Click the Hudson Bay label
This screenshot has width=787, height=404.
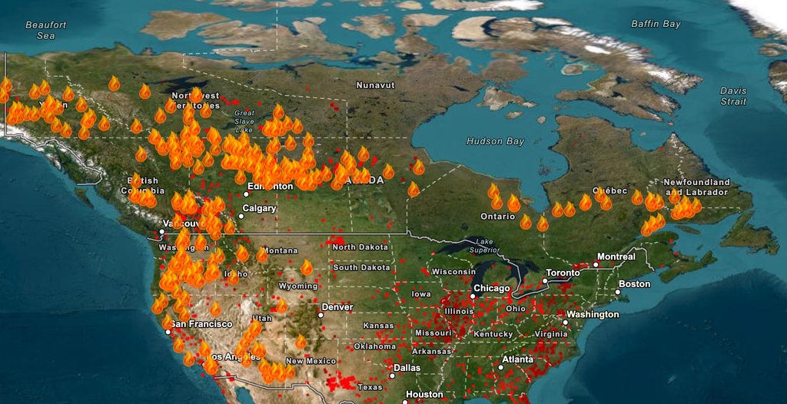(x=496, y=141)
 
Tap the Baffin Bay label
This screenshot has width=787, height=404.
(x=656, y=24)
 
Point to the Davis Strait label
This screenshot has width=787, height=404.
(x=732, y=96)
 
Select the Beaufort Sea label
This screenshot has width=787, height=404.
(x=45, y=30)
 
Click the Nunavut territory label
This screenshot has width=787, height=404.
(x=375, y=84)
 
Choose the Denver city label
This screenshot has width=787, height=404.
(x=337, y=306)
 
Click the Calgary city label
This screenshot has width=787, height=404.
(x=259, y=208)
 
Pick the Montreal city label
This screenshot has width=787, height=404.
(x=616, y=257)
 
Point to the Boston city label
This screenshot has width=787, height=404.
(x=634, y=284)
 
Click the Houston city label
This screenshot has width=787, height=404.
(x=424, y=395)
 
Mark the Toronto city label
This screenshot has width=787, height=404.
(x=563, y=273)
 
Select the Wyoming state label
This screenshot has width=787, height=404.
(x=297, y=286)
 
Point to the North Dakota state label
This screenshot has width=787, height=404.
(x=360, y=247)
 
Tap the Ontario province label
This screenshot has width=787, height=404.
(x=498, y=217)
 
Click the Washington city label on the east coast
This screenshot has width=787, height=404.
(x=593, y=315)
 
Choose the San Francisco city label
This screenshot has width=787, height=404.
(x=201, y=324)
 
